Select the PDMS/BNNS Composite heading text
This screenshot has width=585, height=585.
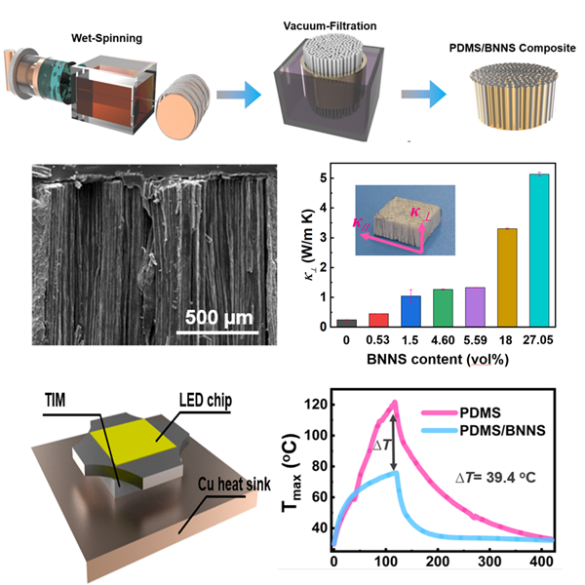pyautogui.click(x=507, y=48)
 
